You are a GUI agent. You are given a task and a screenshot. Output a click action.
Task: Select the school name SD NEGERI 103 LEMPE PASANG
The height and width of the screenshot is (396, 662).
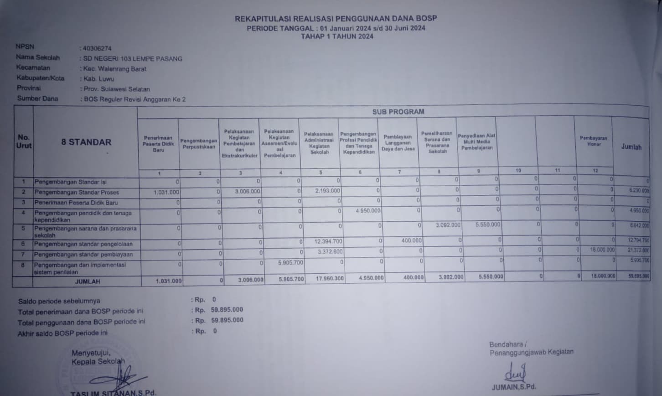[133, 59]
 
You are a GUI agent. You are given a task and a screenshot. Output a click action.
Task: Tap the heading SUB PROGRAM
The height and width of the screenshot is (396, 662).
[398, 112]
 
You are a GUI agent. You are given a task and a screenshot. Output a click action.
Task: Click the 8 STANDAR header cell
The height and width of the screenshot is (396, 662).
[86, 142]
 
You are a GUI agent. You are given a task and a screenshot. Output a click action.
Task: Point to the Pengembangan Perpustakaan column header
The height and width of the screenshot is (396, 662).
[199, 144]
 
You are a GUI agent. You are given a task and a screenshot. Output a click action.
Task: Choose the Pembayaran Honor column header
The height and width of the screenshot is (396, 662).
[593, 141]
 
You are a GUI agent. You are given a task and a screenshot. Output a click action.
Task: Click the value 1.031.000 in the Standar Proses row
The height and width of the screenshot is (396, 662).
[166, 193]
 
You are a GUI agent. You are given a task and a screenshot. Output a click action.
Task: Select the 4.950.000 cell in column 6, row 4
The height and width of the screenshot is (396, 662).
[367, 211]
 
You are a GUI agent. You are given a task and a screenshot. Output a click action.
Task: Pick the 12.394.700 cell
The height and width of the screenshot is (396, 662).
[328, 241]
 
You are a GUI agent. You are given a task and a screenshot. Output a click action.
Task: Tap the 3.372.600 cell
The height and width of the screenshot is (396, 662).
[330, 252]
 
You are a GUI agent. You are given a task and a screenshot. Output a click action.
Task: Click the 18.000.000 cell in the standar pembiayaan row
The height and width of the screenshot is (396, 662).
[602, 250]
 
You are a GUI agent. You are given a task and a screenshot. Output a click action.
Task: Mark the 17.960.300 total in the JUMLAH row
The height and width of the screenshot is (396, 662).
[330, 278]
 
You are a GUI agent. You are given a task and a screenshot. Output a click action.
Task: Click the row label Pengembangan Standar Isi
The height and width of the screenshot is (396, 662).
[70, 182]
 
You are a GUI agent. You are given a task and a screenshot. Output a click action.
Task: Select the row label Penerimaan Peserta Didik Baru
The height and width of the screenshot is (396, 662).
[76, 203]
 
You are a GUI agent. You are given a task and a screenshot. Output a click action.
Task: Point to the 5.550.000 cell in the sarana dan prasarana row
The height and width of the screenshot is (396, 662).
[487, 225]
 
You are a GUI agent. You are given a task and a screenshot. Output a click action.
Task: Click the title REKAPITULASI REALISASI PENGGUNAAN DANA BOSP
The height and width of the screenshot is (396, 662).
[336, 19]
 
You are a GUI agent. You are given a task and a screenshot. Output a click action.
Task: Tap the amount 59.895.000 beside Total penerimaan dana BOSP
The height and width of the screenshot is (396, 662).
[227, 310]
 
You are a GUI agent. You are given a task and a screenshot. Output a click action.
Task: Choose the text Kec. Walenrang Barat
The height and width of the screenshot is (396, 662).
[114, 69]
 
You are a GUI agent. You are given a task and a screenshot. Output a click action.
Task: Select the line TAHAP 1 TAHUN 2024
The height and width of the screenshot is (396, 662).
[337, 36]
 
